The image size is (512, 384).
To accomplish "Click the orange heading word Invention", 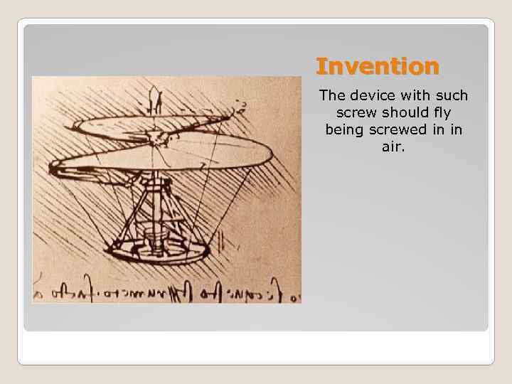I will click(x=378, y=67).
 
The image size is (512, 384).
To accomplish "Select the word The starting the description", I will click(x=332, y=95).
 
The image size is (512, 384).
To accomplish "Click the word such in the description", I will click(x=452, y=95).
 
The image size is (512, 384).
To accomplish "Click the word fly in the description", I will click(x=442, y=113).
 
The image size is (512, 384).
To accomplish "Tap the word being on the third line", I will click(x=343, y=130).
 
